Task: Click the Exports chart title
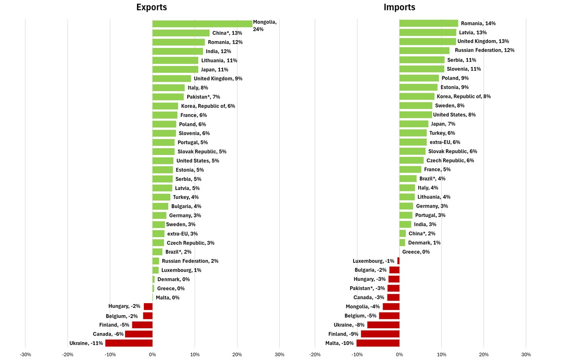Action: [152, 7]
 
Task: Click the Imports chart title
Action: [399, 7]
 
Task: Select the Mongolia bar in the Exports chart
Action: [202, 24]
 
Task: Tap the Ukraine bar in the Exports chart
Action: [129, 343]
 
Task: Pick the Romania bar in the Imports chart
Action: [428, 24]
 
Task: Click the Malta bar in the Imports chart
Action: [378, 343]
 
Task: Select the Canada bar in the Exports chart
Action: [139, 334]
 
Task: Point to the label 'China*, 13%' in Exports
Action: [227, 33]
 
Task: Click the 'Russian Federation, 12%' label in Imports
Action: [485, 51]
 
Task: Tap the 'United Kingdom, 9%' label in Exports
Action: [218, 79]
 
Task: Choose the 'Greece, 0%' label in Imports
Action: [416, 252]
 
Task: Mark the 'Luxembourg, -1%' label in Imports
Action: [373, 261]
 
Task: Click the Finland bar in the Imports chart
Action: [380, 334]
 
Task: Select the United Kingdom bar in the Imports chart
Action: [427, 42]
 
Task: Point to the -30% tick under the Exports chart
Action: [25, 354]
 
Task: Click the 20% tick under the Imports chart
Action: [484, 354]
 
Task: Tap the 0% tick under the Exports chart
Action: [152, 354]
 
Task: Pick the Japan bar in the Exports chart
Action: [175, 69]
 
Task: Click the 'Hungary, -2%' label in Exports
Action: [124, 306]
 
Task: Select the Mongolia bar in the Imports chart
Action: [391, 306]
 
